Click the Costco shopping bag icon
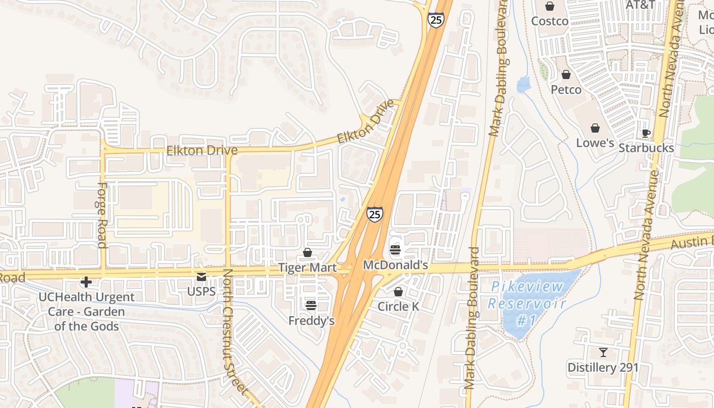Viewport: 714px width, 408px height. [x=550, y=7]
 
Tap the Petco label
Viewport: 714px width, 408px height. [x=566, y=90]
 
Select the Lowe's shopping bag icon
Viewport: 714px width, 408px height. [x=595, y=128]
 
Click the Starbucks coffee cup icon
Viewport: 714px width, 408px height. [x=646, y=134]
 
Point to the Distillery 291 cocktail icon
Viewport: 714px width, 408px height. [x=603, y=352]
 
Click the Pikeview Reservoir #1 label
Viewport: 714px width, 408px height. [x=527, y=303]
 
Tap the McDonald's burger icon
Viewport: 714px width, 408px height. [x=395, y=250]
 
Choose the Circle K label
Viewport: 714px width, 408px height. [x=398, y=307]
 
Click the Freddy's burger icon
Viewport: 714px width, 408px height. [x=311, y=305]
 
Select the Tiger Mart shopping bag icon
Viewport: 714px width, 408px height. [x=308, y=252]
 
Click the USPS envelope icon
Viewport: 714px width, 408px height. [x=201, y=277]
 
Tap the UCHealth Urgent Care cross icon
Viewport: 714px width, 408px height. [x=86, y=282]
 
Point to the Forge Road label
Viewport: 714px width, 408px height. [x=101, y=215]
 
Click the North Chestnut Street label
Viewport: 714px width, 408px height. [x=235, y=331]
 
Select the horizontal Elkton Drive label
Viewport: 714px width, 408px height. [x=202, y=150]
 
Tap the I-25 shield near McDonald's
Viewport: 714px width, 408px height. [x=374, y=214]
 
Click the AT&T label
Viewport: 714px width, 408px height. [x=640, y=5]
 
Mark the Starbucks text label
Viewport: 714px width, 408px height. [x=646, y=148]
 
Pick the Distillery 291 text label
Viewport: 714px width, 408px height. [x=603, y=367]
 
